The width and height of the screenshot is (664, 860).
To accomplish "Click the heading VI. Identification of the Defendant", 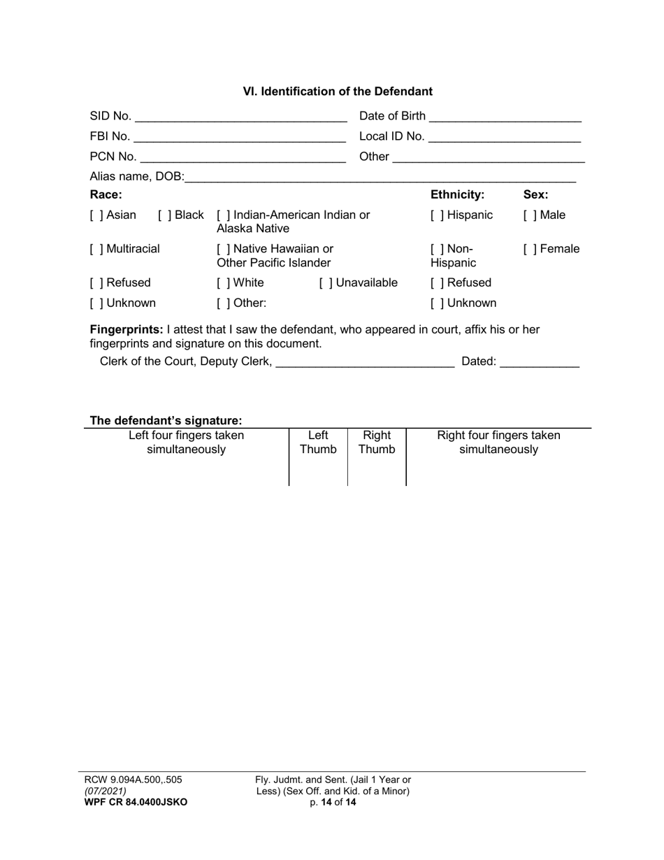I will coord(338,92).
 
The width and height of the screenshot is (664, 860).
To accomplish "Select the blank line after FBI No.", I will coord(240,137).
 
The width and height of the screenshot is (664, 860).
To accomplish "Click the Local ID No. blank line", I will coord(505,137).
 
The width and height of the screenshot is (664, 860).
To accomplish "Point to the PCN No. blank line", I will coord(243,157).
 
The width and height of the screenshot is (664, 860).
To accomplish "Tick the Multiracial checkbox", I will coord(95,249).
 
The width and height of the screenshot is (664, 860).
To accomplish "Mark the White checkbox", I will coord(222,283).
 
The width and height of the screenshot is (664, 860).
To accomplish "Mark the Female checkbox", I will coord(528,249).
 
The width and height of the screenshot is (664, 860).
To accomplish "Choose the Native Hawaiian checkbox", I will coord(222,249).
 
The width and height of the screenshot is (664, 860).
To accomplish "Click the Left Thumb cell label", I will coord(318,443).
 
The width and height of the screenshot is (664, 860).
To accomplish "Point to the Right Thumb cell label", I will coord(377,443).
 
